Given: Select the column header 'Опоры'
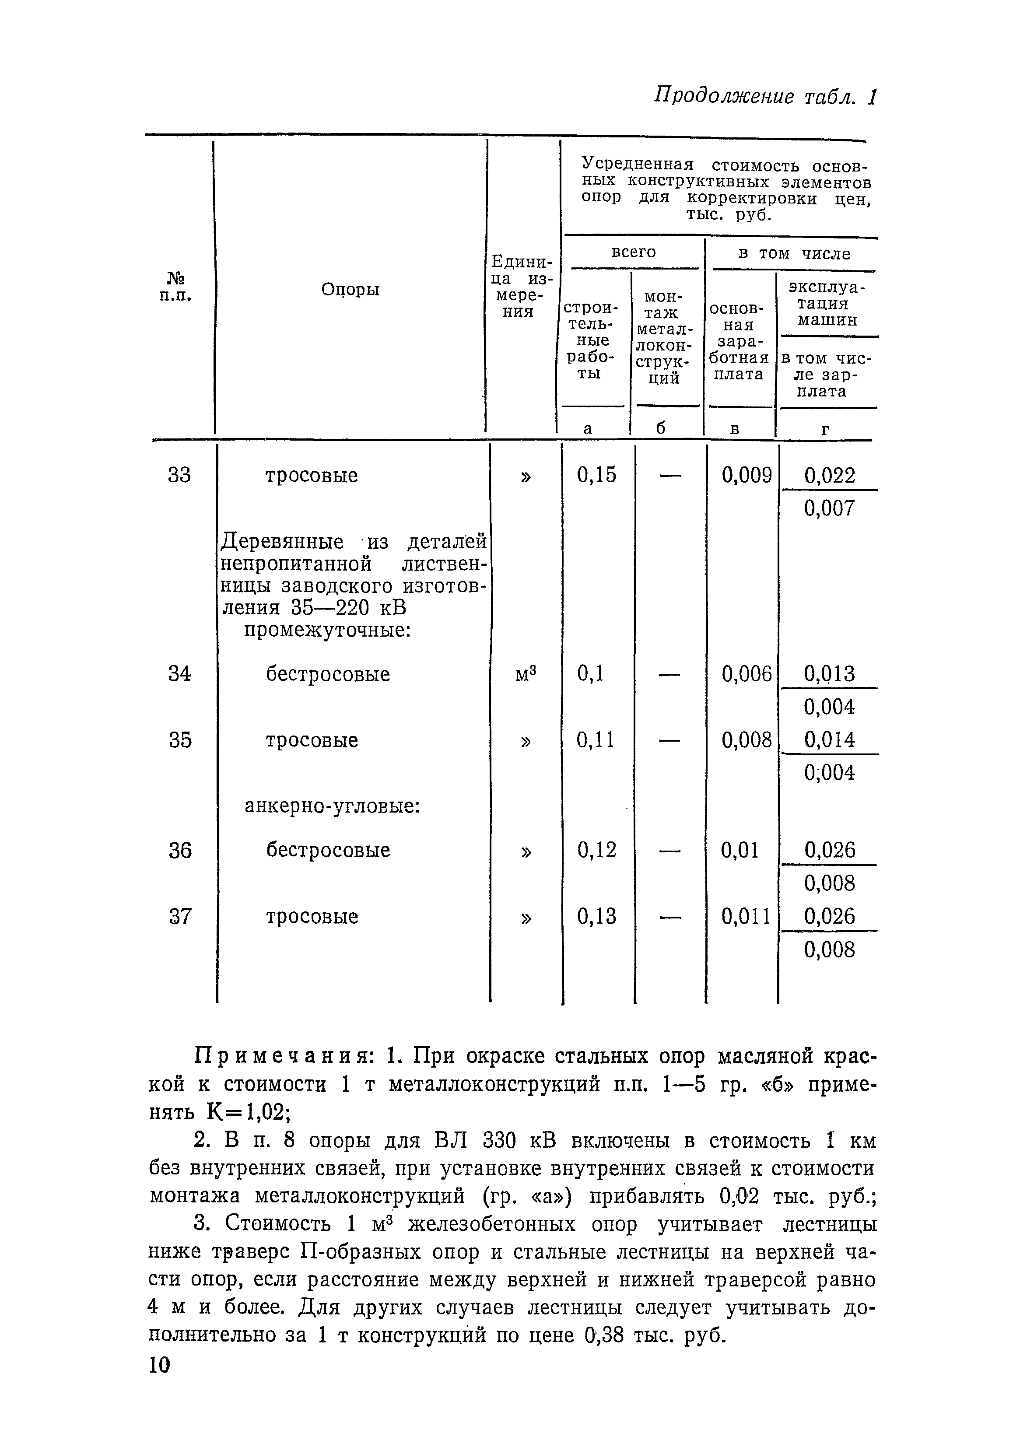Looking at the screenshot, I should [350, 289].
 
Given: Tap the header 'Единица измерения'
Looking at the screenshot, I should [522, 287].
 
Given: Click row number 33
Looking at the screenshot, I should [179, 475].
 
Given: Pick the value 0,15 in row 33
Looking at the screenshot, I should [596, 475].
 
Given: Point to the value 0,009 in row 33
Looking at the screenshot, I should [746, 475].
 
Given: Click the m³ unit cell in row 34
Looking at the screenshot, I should [525, 673].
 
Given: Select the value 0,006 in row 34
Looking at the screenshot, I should [746, 673].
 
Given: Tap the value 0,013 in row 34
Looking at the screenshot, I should [829, 673].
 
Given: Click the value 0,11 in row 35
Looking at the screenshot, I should [595, 740].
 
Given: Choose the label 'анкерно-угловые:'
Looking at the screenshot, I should [333, 806].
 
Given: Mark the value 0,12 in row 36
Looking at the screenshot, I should [596, 850].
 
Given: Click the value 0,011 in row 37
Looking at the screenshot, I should [746, 917].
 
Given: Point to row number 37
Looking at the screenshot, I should [179, 917].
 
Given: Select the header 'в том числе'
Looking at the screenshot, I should [793, 253].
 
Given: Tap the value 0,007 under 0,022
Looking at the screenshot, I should [829, 508].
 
